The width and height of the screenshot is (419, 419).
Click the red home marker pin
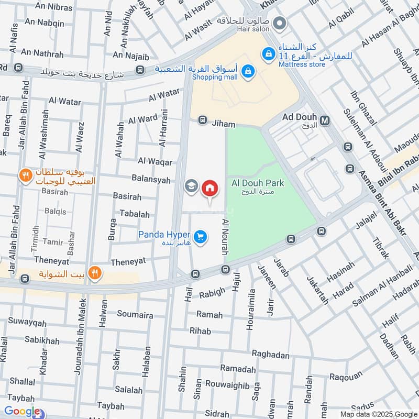pos(210,189)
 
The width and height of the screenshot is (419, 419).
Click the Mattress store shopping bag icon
pos(269,54)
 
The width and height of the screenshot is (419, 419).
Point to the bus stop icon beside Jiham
pos(202,121)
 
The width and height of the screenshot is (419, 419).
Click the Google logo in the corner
pos(22,411)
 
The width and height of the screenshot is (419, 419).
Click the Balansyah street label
pos(151,180)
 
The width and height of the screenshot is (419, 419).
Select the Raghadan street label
pos(270,355)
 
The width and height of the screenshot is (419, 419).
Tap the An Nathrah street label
pos(41,53)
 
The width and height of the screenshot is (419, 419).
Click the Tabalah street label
pos(135,214)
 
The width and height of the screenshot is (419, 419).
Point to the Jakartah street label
pos(317,289)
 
